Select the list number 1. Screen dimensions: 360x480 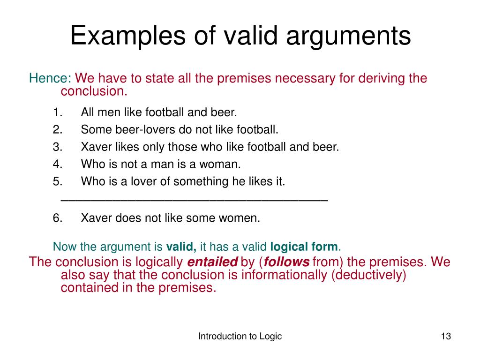(x=58, y=112)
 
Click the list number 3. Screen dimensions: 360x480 (x=58, y=147)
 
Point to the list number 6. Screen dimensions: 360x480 (x=58, y=218)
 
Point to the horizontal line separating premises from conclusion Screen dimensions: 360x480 (x=195, y=201)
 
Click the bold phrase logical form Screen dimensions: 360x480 (x=304, y=247)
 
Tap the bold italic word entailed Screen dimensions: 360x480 (x=212, y=262)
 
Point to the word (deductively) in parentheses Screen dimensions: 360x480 (x=368, y=275)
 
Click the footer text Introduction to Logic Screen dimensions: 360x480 (x=240, y=336)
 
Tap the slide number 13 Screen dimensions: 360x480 (x=445, y=336)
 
